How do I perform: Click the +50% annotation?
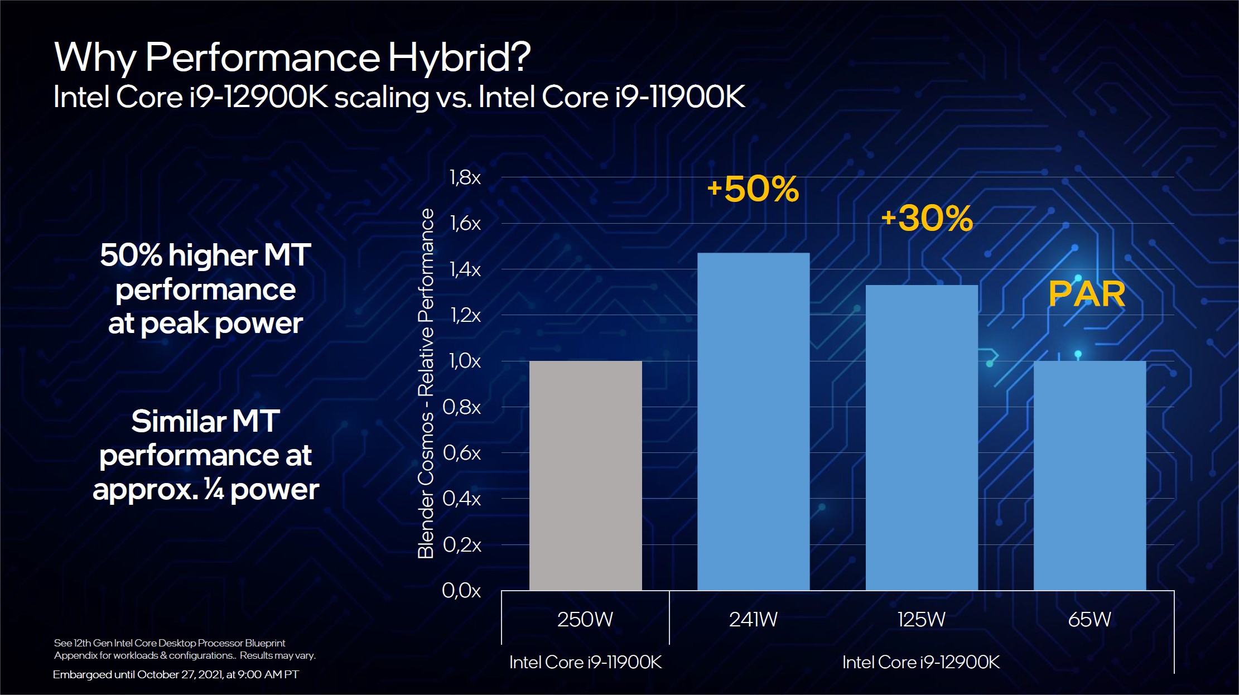click(753, 189)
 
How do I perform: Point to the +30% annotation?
click(927, 218)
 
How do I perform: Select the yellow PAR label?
click(1087, 294)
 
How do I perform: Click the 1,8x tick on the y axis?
click(465, 177)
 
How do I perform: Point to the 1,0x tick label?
click(465, 361)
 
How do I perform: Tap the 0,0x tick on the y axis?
click(461, 590)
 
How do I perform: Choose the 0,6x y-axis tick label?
click(462, 453)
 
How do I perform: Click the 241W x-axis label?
click(753, 619)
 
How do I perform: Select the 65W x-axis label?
click(1089, 619)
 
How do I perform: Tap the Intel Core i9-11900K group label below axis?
click(585, 662)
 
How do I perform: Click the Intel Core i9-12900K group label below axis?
click(921, 662)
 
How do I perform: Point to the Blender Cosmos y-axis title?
click(426, 384)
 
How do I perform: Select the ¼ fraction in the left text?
click(214, 489)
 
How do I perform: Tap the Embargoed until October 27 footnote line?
click(176, 674)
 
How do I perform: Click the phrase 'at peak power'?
click(205, 324)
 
